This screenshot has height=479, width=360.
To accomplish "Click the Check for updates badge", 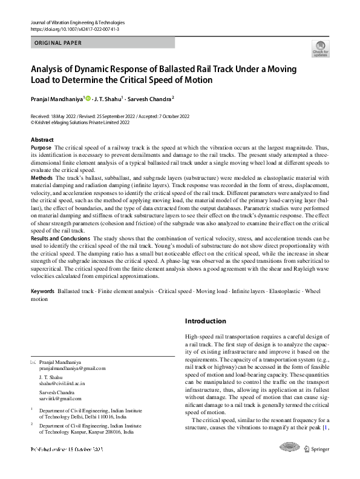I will point(319,48).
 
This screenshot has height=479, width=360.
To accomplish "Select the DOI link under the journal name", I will point(74,29).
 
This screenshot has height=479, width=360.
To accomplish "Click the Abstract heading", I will point(42,139).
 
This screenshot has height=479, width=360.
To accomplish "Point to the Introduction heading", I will point(206,321).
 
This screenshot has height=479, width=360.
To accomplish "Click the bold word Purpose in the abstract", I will point(41,148).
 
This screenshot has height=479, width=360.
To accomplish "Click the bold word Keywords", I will point(42,291).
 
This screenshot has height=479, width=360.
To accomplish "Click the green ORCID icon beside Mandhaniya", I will point(88,97).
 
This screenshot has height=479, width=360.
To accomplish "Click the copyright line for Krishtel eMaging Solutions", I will point(80,122).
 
